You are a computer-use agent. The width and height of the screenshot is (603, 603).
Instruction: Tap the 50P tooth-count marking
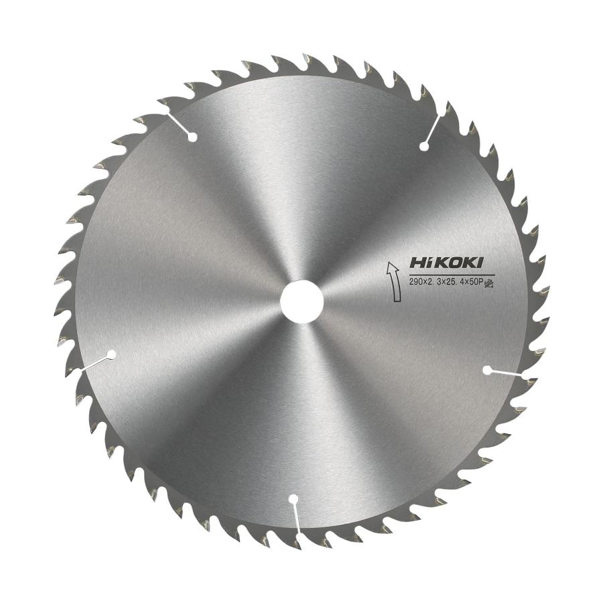[472, 283]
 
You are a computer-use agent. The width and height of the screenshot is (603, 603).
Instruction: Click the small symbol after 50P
[488, 283]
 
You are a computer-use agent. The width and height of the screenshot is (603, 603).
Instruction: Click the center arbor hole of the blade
[301, 301]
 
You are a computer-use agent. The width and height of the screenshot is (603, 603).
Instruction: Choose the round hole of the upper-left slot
[193, 138]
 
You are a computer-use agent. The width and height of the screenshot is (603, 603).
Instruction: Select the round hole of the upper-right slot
[423, 146]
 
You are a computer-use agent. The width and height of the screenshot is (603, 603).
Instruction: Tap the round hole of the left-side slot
[111, 354]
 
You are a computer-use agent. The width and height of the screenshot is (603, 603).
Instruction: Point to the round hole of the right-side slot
[487, 369]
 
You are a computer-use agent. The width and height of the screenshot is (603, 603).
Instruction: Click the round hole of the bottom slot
[293, 499]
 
